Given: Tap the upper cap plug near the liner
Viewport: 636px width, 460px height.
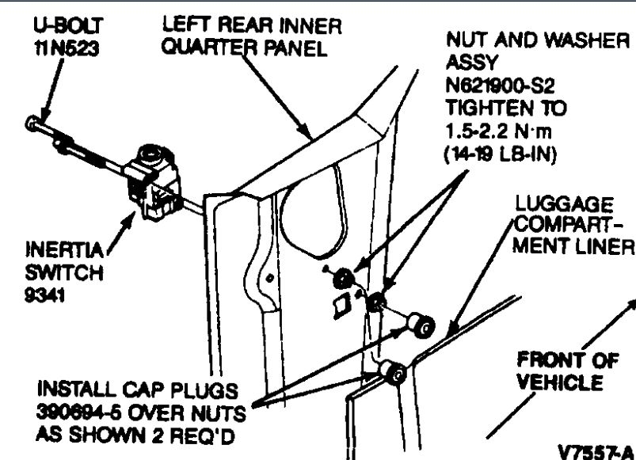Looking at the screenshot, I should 423,323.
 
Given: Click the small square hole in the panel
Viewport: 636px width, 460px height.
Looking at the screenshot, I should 339,305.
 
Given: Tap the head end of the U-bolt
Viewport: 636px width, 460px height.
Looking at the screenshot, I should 32,124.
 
